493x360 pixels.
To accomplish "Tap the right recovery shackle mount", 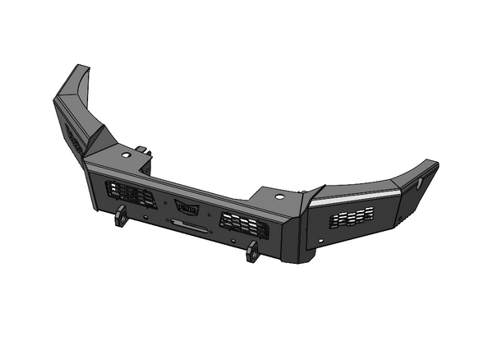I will (252, 252).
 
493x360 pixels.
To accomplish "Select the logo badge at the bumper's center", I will (187, 208).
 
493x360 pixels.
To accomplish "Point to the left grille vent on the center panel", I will (131, 195).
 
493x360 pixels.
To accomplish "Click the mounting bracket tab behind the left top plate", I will (145, 150).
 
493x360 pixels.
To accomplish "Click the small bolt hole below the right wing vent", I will (322, 241).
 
